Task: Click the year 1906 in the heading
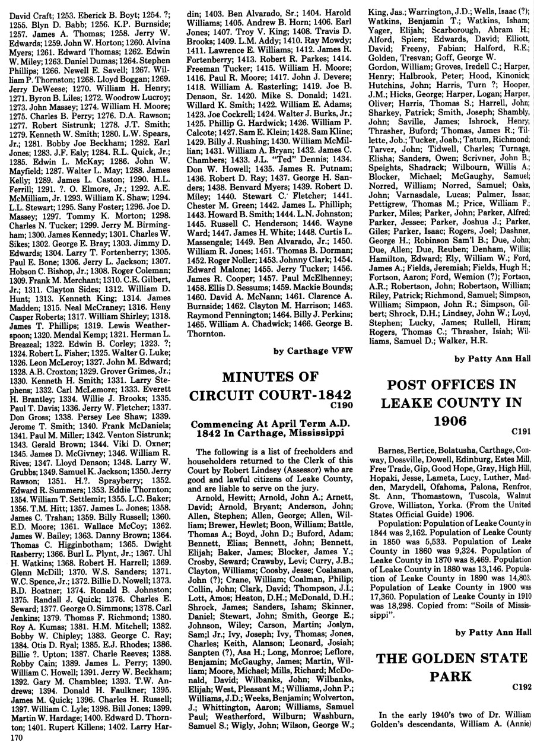pyautogui.click(x=452, y=422)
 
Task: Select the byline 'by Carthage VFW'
pyautogui.click(x=313, y=351)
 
